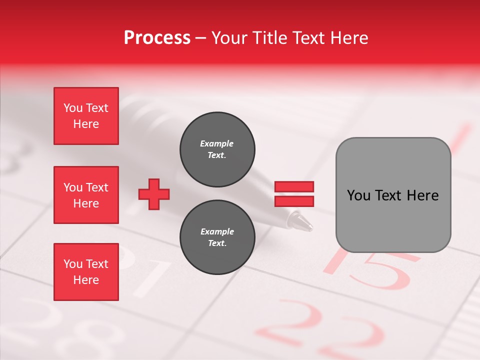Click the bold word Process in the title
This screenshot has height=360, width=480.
[x=157, y=38]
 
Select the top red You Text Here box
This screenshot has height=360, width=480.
[x=86, y=116]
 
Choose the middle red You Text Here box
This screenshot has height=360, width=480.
[x=86, y=195]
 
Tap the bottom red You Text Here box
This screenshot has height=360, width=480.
[x=86, y=272]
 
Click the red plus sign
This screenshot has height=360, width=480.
[x=154, y=194]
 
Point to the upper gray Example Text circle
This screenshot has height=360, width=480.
[x=217, y=149]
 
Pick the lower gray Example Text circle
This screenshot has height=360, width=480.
[x=217, y=237]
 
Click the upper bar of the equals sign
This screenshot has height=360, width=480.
[x=294, y=187]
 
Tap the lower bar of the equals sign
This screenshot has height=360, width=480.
[x=294, y=201]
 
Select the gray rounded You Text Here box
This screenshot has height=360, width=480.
[x=393, y=195]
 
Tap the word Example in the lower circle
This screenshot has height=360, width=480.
[x=217, y=231]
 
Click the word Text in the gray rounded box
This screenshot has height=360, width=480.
[x=388, y=195]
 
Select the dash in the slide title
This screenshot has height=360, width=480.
[x=201, y=38]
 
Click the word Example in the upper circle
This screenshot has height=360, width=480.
[x=217, y=143]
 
